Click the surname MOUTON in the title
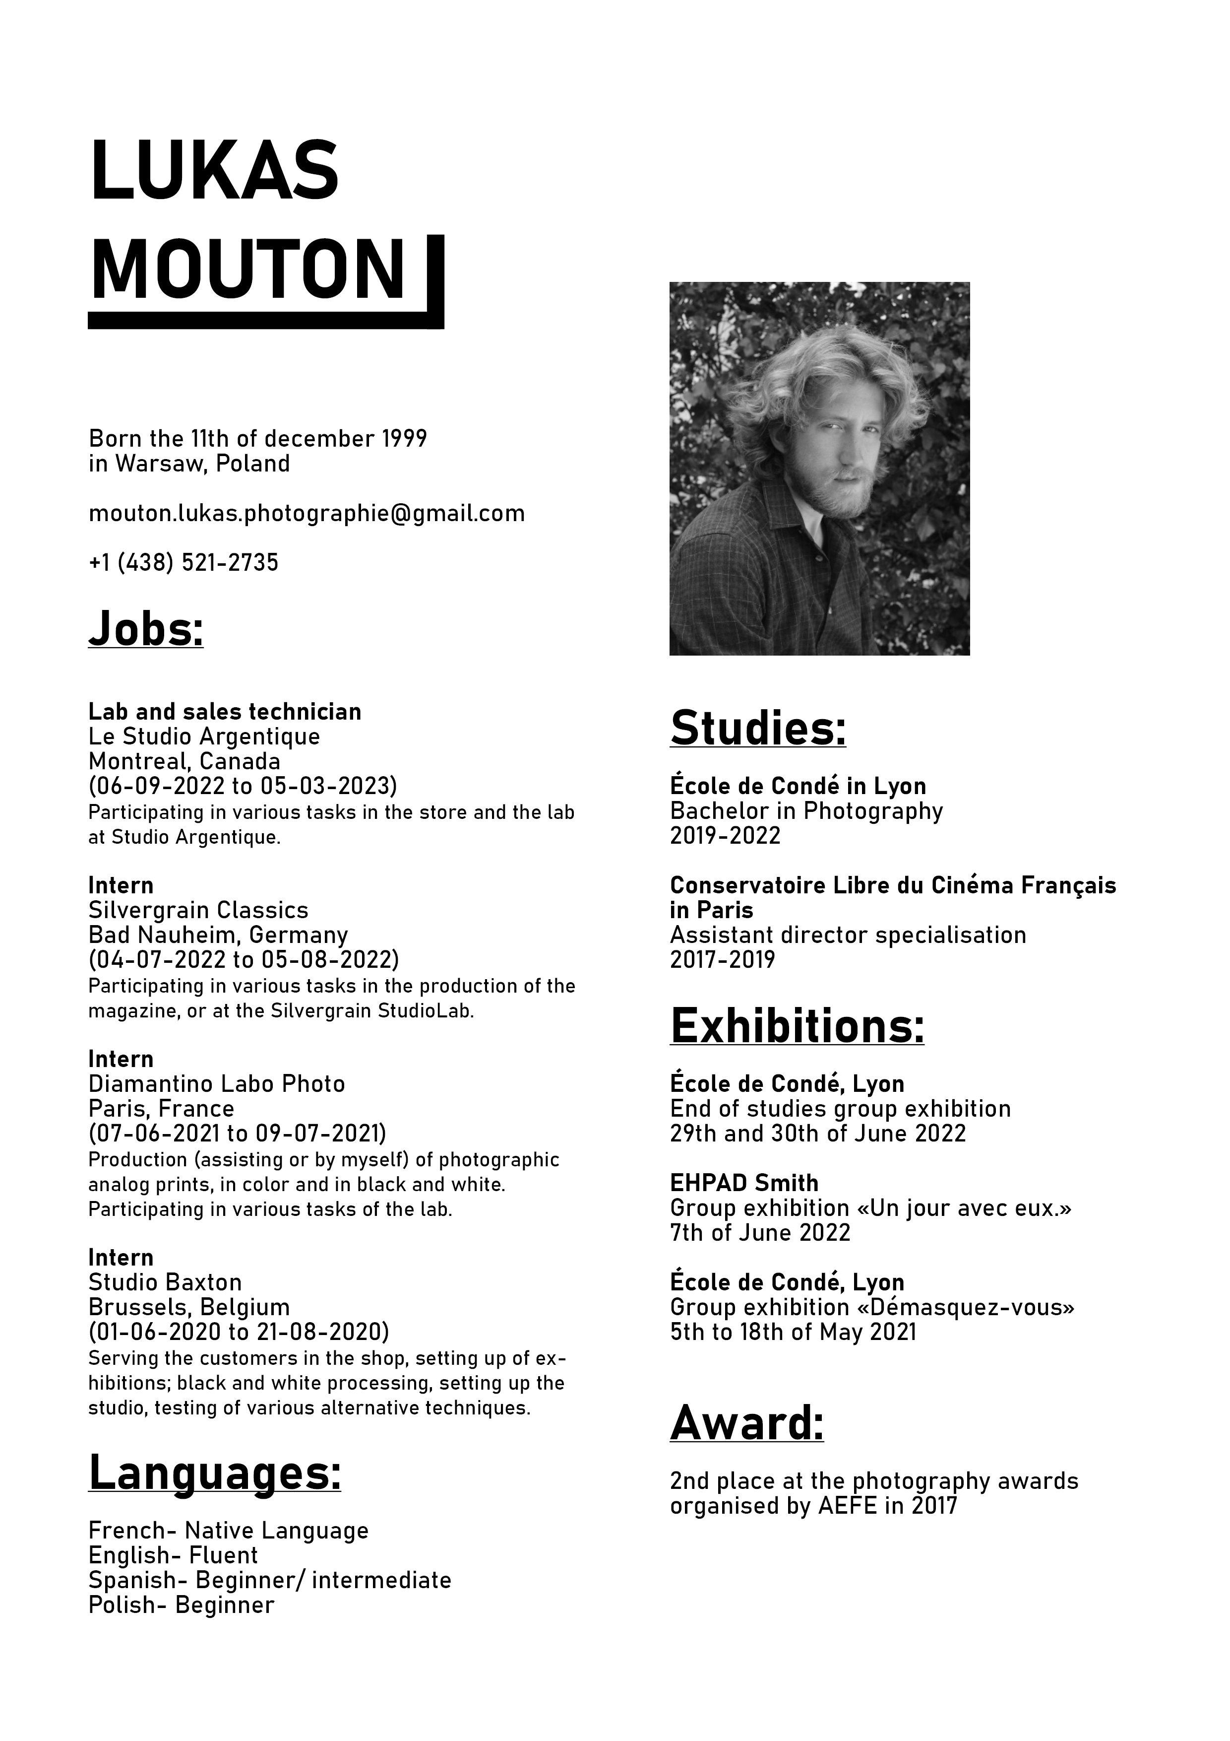click(248, 270)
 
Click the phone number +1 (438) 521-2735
click(184, 563)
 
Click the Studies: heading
click(757, 728)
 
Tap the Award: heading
click(746, 1423)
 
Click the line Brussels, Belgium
click(188, 1307)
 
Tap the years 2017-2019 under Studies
click(722, 960)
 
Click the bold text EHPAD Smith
click(743, 1183)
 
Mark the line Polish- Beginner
click(181, 1606)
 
